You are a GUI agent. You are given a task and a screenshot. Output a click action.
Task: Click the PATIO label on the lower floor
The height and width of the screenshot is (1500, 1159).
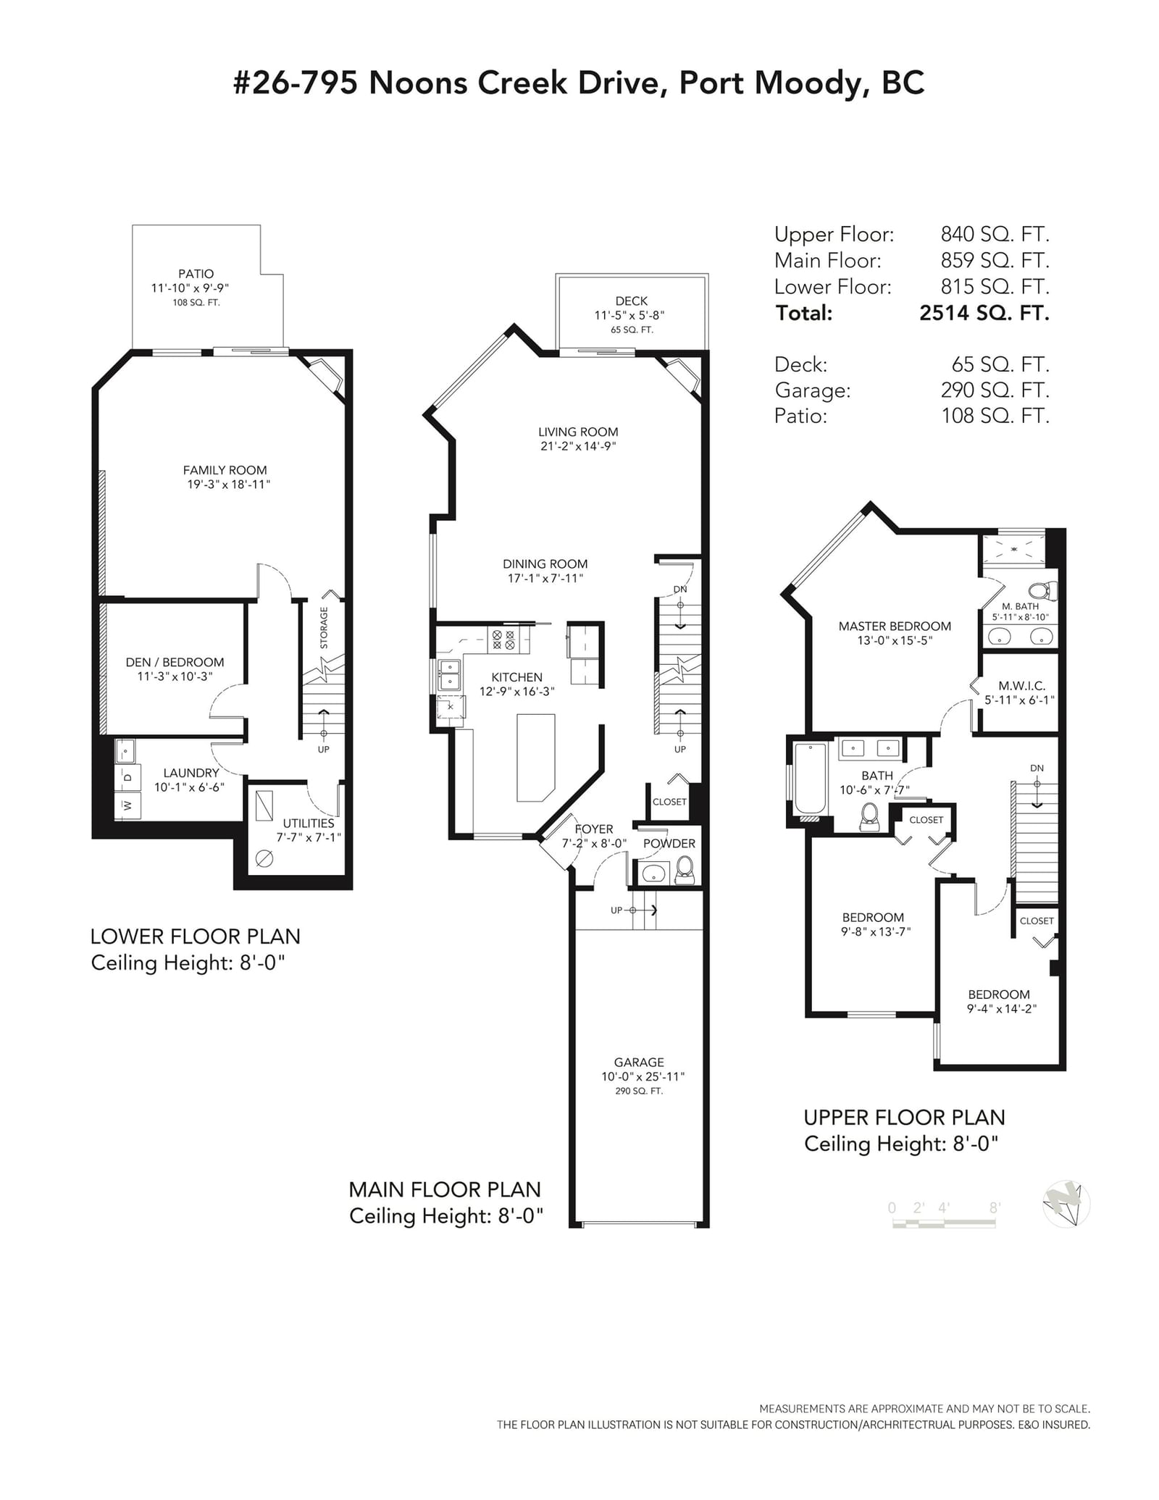coord(196,274)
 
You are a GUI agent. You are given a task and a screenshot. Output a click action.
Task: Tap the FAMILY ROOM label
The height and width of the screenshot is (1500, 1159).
coord(225,470)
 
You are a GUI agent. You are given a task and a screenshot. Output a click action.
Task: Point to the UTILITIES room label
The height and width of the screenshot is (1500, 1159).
coord(309,824)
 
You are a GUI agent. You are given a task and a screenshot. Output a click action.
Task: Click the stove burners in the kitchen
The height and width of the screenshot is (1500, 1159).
coord(503,640)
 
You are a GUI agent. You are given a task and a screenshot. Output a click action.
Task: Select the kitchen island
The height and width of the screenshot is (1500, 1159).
coord(536,758)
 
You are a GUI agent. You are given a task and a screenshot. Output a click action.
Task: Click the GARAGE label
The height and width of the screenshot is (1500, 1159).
coord(639,1063)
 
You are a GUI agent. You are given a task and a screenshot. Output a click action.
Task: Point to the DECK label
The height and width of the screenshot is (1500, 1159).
coord(632,301)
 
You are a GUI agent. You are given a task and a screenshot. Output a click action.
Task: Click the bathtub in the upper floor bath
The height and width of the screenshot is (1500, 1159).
coord(811,779)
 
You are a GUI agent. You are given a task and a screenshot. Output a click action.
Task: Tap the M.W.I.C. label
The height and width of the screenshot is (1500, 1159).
coord(1021,686)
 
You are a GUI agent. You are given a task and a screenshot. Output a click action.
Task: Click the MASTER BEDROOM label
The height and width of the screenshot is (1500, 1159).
coord(895,627)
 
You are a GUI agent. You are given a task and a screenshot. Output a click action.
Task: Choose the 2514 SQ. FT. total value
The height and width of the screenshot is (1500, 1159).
coord(984,313)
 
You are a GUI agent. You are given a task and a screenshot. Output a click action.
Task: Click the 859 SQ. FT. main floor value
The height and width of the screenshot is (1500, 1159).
coord(995,260)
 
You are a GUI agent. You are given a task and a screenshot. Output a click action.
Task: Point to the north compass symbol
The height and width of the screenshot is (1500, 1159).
coord(1066,1205)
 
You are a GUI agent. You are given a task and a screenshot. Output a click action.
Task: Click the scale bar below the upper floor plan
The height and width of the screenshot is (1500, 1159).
coord(944,1223)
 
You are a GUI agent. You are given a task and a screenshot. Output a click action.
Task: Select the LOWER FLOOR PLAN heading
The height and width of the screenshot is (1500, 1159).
coord(195,937)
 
